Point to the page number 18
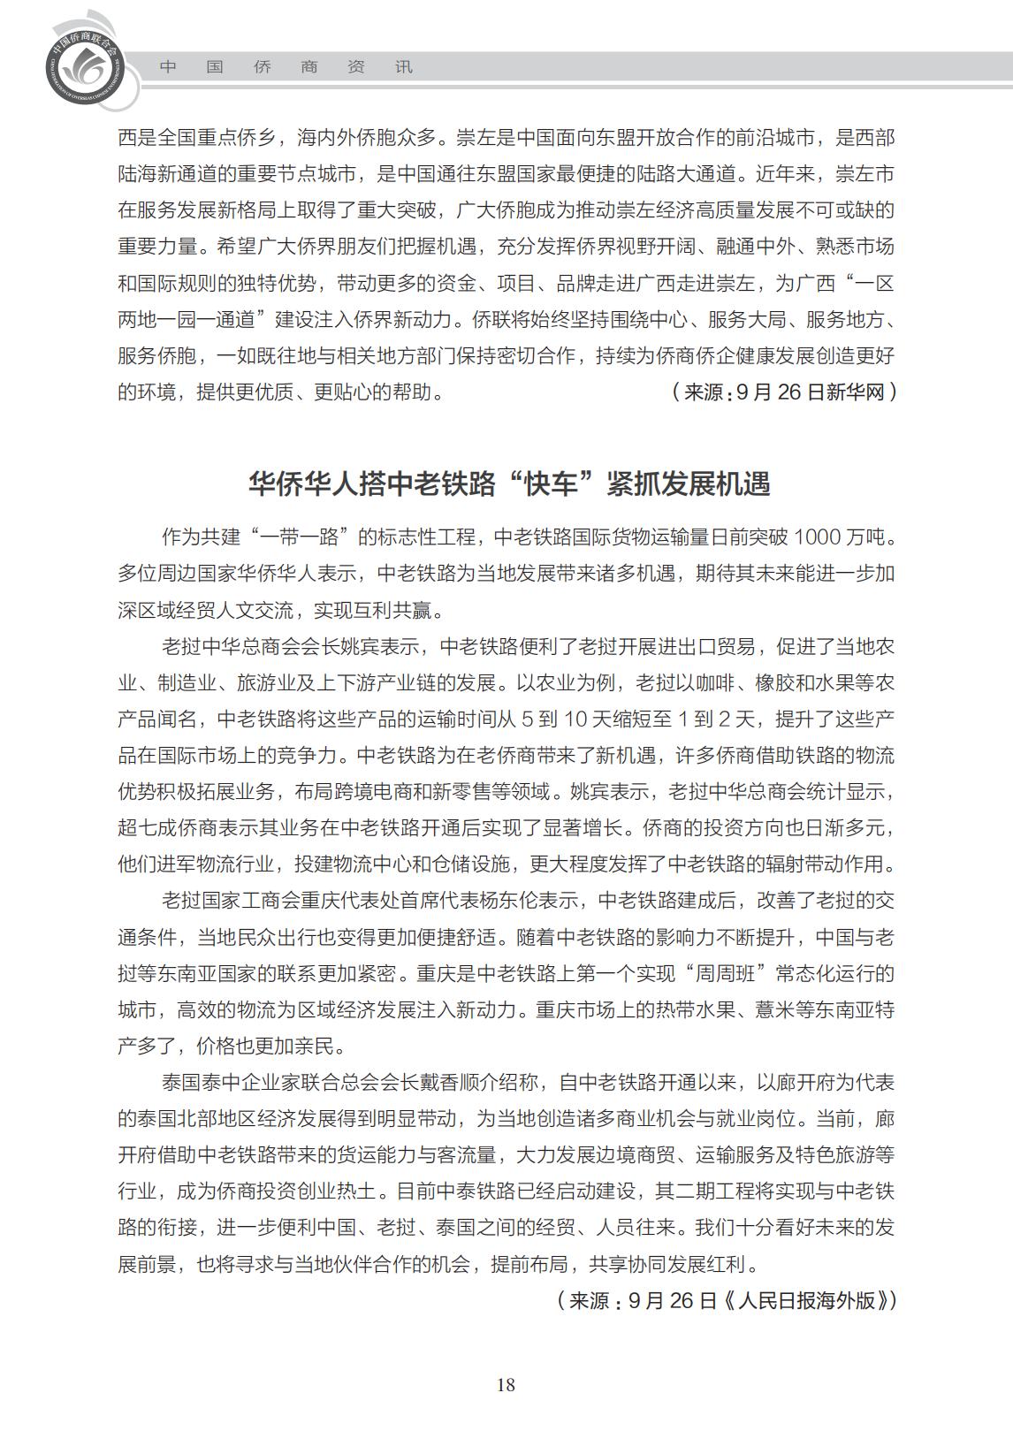pos(506,1385)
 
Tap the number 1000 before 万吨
pos(819,537)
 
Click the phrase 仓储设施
pos(469,864)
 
